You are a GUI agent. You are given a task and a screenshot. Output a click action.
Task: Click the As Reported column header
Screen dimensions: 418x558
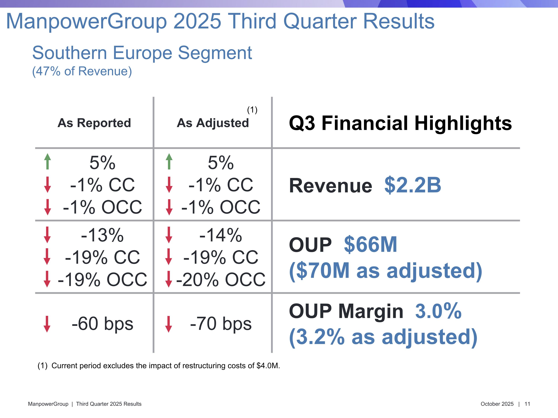pyautogui.click(x=94, y=123)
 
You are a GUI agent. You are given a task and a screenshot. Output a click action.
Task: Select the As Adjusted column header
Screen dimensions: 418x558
pyautogui.click(x=213, y=123)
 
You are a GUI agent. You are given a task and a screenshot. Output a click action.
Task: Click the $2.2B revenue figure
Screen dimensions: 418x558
pyautogui.click(x=413, y=185)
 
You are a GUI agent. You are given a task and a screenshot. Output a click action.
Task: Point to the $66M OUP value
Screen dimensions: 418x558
pyautogui.click(x=370, y=244)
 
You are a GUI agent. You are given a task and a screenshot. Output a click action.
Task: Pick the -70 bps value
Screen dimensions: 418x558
pyautogui.click(x=221, y=324)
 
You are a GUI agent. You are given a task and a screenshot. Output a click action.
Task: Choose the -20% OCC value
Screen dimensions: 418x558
pyautogui.click(x=221, y=280)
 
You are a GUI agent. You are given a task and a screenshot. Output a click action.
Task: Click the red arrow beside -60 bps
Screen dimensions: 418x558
pyautogui.click(x=47, y=324)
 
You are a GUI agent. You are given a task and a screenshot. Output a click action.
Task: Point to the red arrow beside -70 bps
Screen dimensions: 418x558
pyautogui.click(x=169, y=324)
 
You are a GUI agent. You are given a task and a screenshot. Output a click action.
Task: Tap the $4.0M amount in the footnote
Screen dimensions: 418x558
pyautogui.click(x=268, y=366)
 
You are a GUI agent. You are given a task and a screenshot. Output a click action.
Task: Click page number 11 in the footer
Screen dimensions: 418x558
pyautogui.click(x=527, y=404)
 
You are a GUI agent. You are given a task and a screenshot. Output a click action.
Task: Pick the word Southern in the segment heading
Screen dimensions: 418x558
pyautogui.click(x=70, y=53)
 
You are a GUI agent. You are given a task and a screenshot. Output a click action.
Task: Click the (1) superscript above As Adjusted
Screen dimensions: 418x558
pyautogui.click(x=252, y=110)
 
